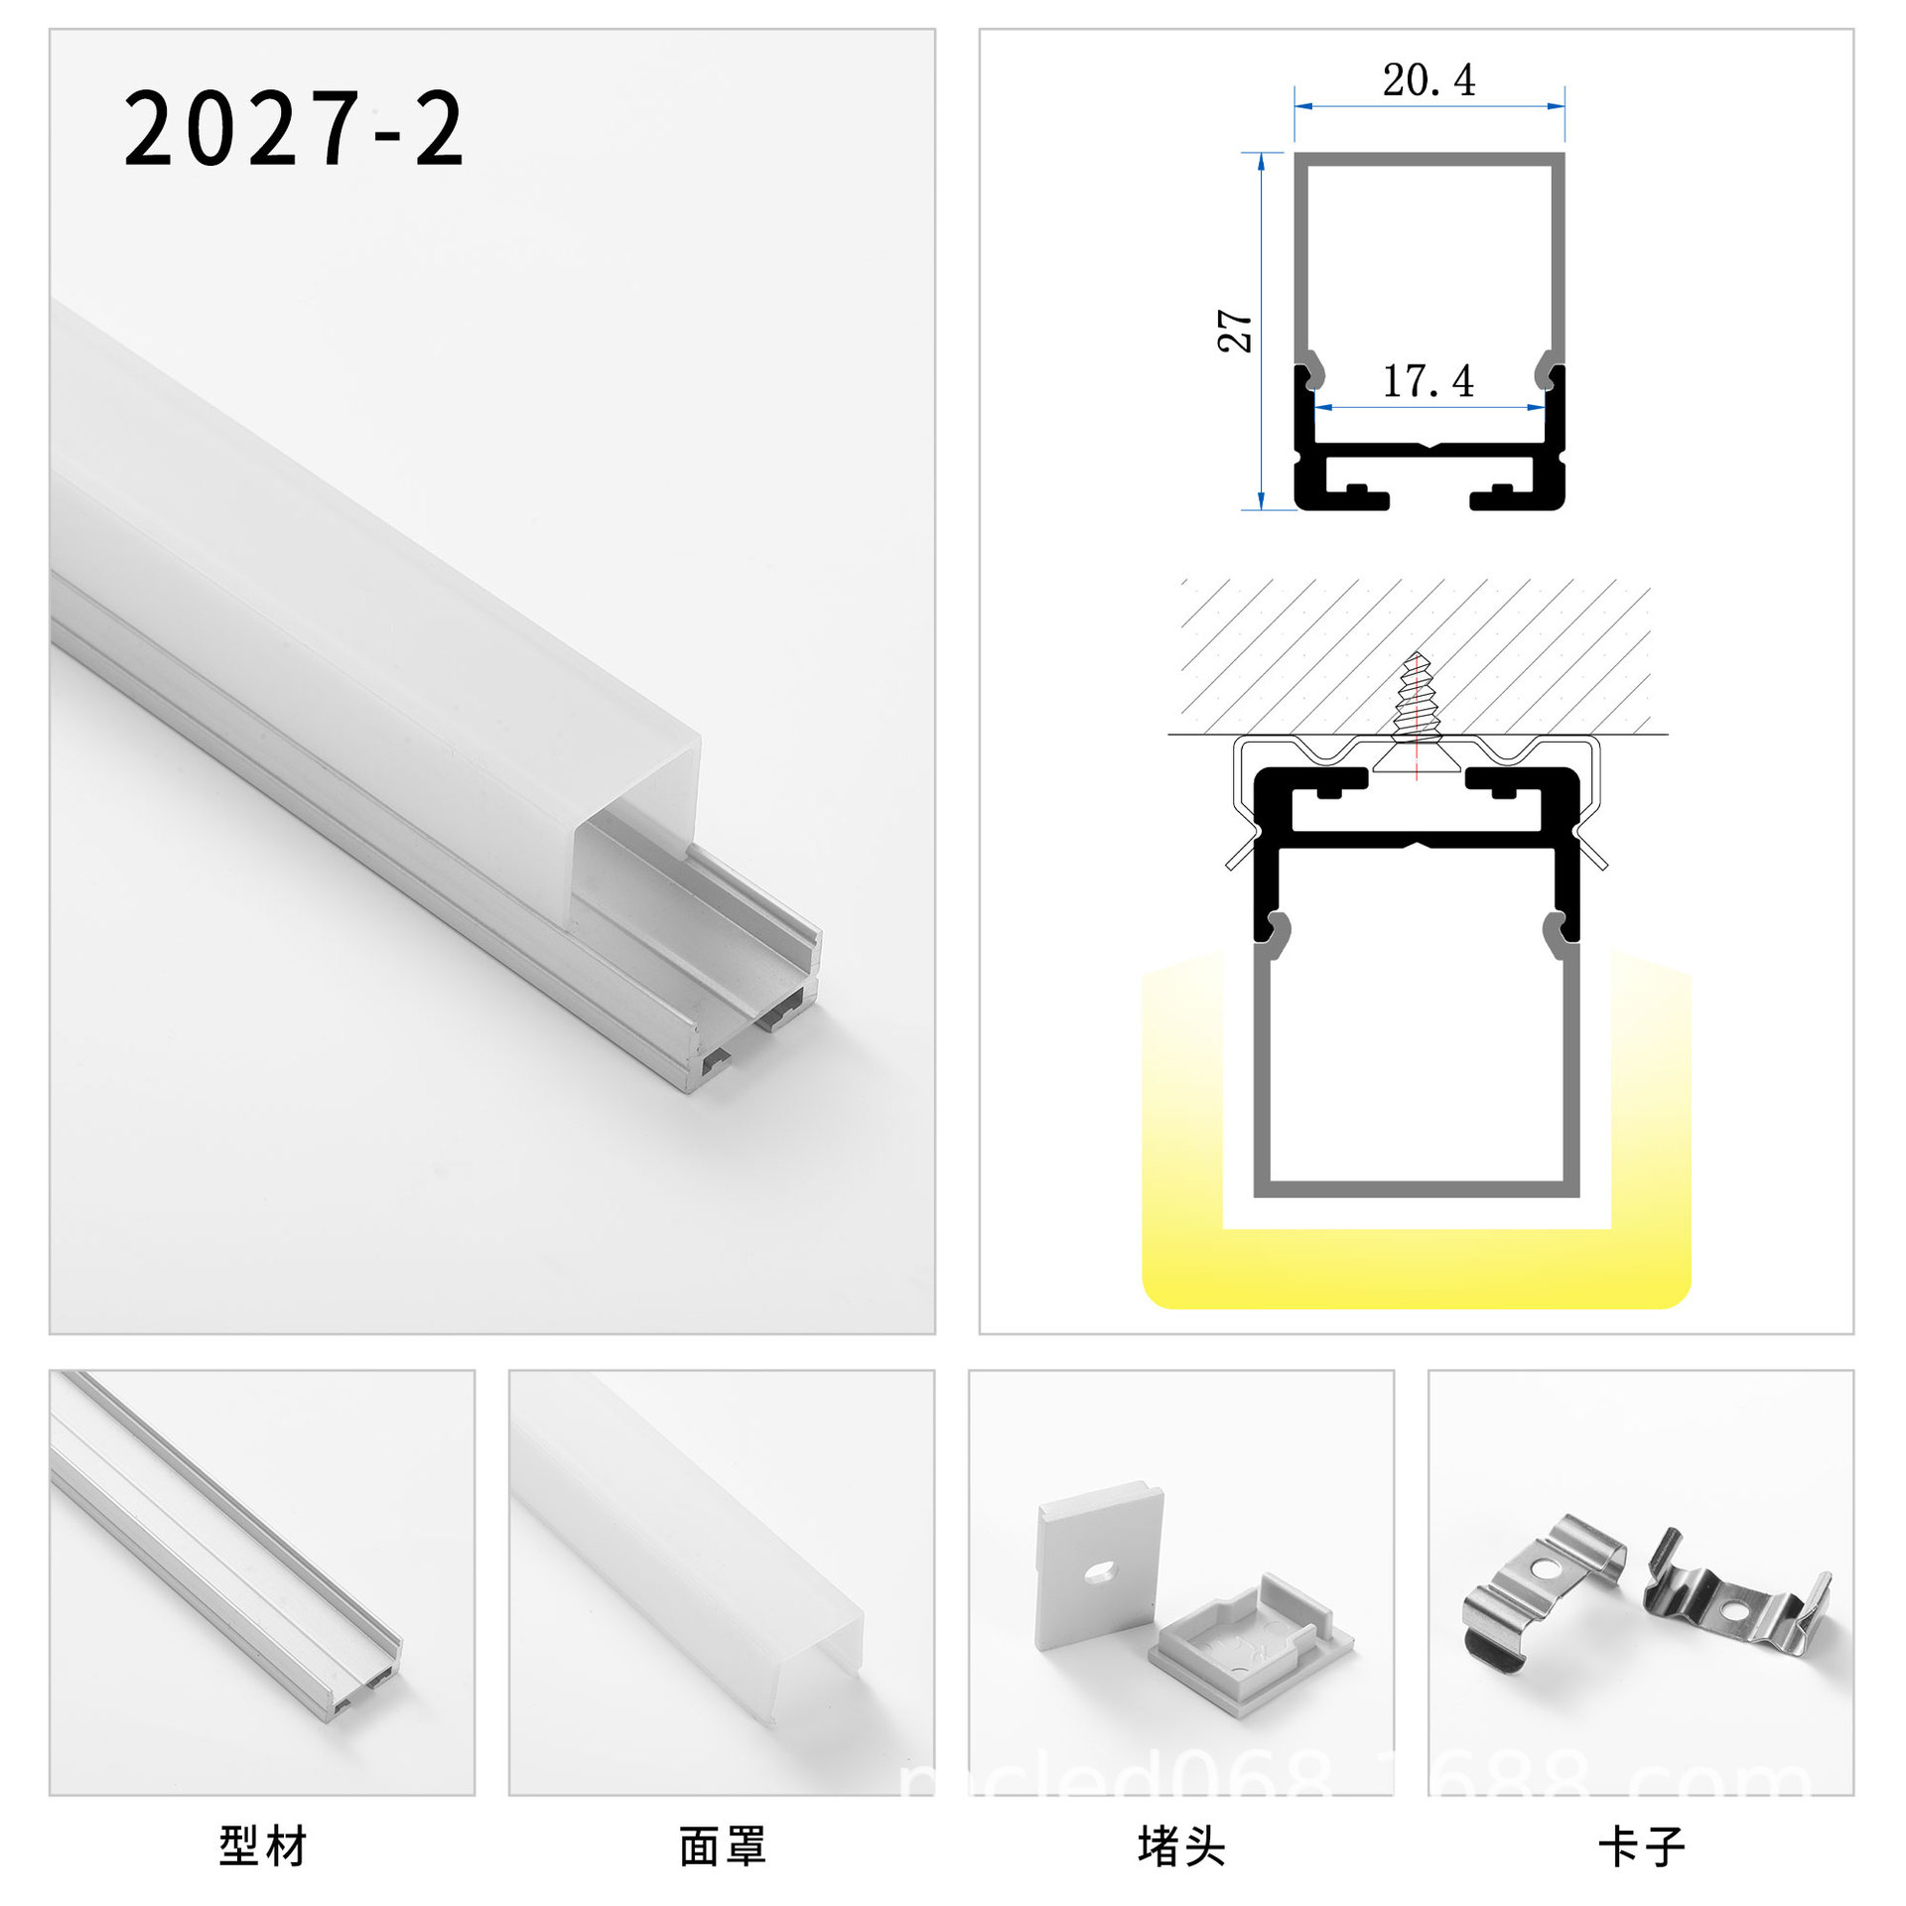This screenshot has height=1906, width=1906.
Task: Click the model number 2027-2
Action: [294, 129]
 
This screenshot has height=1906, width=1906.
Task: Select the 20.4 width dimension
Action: [1429, 80]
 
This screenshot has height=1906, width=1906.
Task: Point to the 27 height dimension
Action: [1235, 331]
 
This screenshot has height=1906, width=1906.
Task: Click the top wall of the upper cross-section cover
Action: [1429, 159]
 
